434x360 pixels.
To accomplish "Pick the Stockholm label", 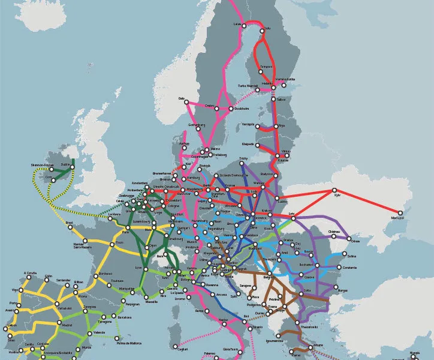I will (242, 109).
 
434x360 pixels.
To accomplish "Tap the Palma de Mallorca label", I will (131, 343).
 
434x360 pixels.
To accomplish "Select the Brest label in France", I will (69, 223).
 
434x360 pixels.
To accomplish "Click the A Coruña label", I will (30, 274).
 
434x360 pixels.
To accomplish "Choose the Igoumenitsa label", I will (275, 340).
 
